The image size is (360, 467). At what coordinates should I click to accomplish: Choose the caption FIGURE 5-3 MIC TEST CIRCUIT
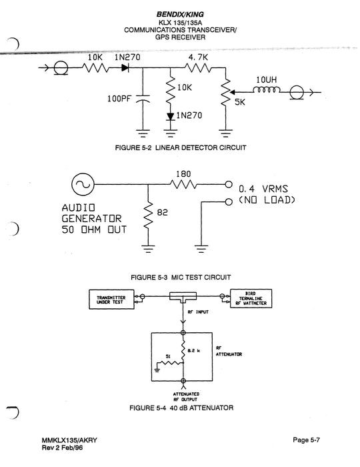[x=182, y=276]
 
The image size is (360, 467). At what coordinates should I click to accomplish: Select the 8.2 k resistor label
[x=194, y=350]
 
